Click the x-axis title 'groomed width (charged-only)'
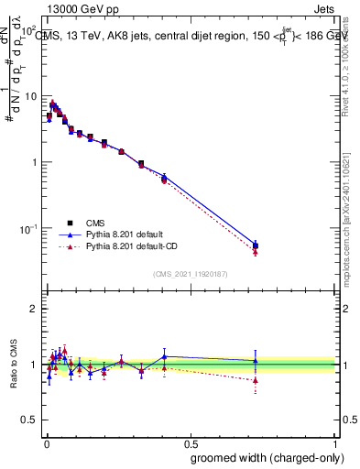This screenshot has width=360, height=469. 264,457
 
